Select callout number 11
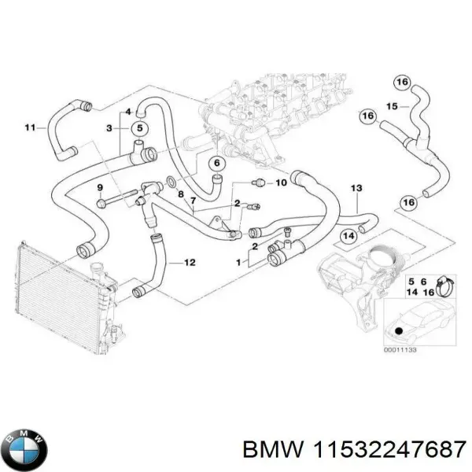30,127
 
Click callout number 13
356,189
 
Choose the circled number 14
348,236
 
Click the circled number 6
216,164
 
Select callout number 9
100,187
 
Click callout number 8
180,194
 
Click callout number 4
129,112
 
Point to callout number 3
110,127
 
